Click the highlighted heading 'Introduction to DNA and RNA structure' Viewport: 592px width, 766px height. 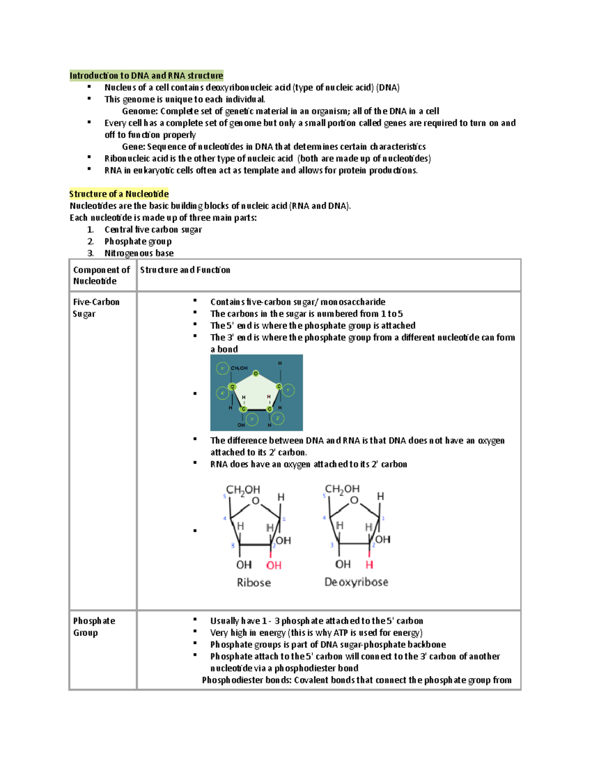(x=146, y=75)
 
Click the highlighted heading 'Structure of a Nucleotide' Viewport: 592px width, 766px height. (x=119, y=194)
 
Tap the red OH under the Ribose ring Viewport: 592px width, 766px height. (x=274, y=565)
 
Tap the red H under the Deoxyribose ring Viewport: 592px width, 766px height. (x=369, y=565)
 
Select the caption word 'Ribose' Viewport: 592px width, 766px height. (x=254, y=583)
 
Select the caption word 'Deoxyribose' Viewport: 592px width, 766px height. (x=356, y=582)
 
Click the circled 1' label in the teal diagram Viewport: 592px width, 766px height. (x=289, y=390)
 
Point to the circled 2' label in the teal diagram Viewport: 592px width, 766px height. (x=278, y=418)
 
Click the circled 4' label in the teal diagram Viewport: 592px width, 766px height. (x=222, y=393)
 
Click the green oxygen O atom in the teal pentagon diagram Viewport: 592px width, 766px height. (x=256, y=373)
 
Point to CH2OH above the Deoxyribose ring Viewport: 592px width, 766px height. (x=342, y=489)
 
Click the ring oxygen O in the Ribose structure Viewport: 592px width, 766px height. (x=256, y=501)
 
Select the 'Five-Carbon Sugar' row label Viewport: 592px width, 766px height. (x=96, y=308)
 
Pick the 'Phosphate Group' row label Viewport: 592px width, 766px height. (x=94, y=626)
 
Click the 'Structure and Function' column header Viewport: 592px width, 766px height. (x=185, y=270)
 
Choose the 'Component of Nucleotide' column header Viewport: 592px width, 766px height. (x=101, y=275)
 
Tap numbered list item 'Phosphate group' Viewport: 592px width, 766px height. (x=138, y=241)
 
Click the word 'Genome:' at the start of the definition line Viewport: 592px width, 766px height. (x=140, y=111)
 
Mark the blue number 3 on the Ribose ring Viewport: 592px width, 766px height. (x=233, y=546)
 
